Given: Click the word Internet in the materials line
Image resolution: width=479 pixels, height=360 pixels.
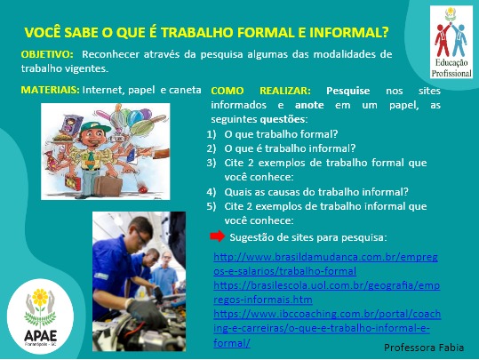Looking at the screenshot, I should click(102, 90).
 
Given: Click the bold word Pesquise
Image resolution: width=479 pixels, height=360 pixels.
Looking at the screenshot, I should click(348, 92).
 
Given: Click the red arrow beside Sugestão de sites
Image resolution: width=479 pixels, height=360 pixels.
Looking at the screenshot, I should click(217, 237).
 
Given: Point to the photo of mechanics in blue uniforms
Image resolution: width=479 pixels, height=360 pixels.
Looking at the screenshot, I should click(140, 257).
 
